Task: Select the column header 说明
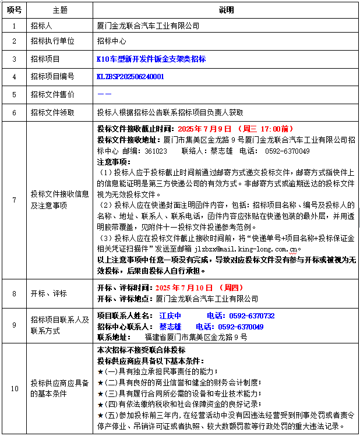(x=225, y=10)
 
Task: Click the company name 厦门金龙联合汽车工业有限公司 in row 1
(x=148, y=26)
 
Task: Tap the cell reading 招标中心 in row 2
(x=111, y=42)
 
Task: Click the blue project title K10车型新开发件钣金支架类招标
(x=151, y=59)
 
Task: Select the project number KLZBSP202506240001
(x=130, y=76)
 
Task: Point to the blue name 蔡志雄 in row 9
(x=170, y=327)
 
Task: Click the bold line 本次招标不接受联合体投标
(x=141, y=350)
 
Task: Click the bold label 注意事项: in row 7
(x=114, y=161)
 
